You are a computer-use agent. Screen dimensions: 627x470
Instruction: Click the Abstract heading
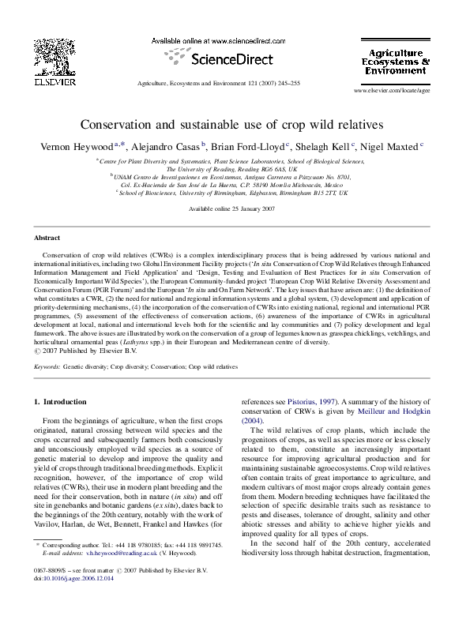(x=47, y=238)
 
